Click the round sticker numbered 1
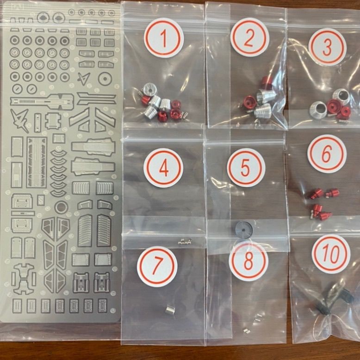pyautogui.click(x=164, y=38)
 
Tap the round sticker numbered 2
pyautogui.click(x=249, y=37)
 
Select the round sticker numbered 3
pyautogui.click(x=327, y=47)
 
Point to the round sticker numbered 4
pyautogui.click(x=163, y=168)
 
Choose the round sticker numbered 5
pyautogui.click(x=246, y=168)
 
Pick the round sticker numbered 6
pyautogui.click(x=327, y=154)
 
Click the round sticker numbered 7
pyautogui.click(x=157, y=267)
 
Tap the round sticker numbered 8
pyautogui.click(x=248, y=261)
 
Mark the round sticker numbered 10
pyautogui.click(x=331, y=254)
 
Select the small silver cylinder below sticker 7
pyautogui.click(x=170, y=310)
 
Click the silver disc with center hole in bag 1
pyautogui.click(x=150, y=89)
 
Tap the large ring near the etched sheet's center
pyautogui.click(x=61, y=207)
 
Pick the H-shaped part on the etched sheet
pyautogui.click(x=24, y=279)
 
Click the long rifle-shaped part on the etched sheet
pyautogui.click(x=42, y=102)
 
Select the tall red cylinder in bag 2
pyautogui.click(x=267, y=83)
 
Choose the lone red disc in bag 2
pyautogui.click(x=249, y=102)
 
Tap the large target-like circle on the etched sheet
pyautogui.click(x=105, y=79)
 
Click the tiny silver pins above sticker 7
pyautogui.click(x=185, y=241)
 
